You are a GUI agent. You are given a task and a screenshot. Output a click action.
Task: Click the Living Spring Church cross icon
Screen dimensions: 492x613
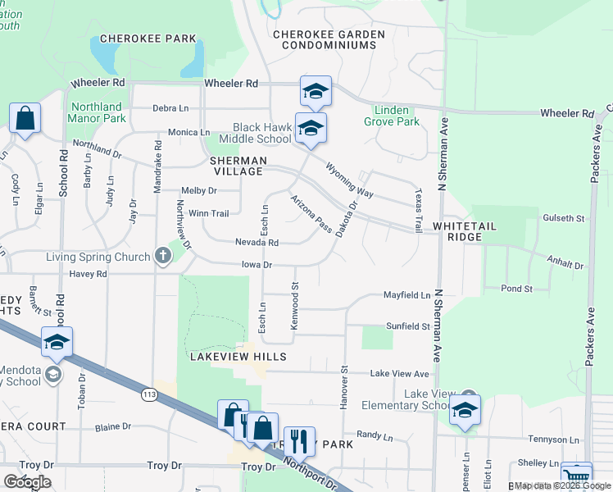tap(163, 256)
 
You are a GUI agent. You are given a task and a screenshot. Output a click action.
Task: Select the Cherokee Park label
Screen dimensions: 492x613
tap(148, 39)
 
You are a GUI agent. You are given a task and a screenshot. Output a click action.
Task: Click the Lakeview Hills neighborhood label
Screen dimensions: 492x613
tap(238, 357)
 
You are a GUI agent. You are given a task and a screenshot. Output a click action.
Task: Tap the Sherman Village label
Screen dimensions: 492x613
tap(236, 166)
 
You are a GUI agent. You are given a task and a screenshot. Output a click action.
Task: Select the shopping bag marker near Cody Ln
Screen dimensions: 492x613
tap(25, 119)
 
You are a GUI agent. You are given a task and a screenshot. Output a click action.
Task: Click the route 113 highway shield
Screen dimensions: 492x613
tap(149, 394)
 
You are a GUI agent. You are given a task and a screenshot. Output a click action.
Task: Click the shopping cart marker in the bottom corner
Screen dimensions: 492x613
tap(576, 476)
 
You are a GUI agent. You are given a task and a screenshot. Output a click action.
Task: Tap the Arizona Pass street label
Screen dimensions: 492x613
tap(311, 212)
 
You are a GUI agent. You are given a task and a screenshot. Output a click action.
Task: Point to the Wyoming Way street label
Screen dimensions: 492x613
tap(349, 180)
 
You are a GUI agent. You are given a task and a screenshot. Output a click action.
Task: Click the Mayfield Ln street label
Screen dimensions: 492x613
tap(407, 295)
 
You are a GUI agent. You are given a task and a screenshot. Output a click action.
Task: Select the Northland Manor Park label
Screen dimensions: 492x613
tap(98, 112)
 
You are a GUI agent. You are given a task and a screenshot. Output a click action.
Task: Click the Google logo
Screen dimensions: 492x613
tap(27, 482)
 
